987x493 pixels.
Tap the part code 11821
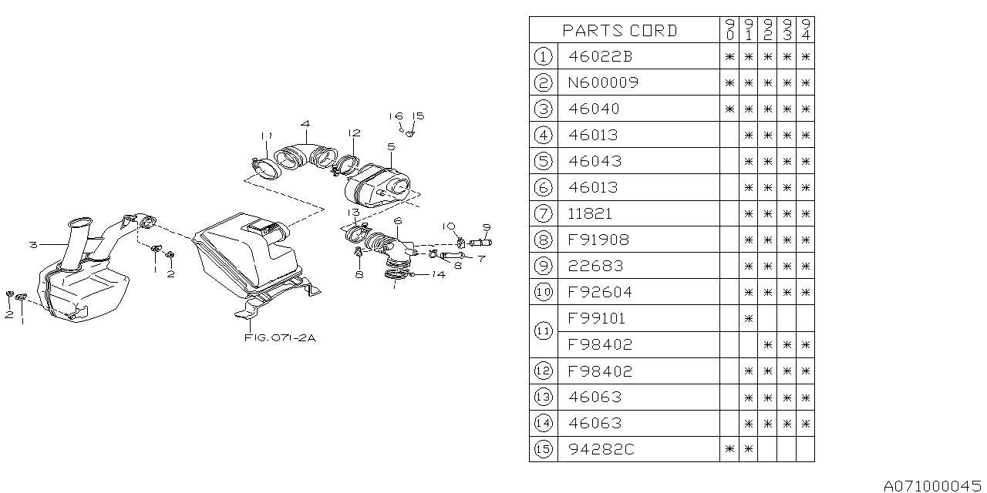click(590, 213)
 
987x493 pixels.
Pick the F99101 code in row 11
click(596, 318)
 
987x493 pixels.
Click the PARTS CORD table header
click(619, 30)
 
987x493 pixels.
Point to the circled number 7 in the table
click(543, 213)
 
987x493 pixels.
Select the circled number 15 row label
click(543, 449)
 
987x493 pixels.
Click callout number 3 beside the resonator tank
click(34, 245)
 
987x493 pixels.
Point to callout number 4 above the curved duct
click(306, 124)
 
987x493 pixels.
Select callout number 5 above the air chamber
click(391, 146)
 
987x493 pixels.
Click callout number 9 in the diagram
click(487, 227)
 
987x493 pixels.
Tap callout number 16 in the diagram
click(396, 116)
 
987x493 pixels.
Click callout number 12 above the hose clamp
click(354, 133)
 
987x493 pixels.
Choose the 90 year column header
click(729, 30)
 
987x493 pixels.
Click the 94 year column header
click(805, 30)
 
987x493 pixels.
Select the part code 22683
click(595, 266)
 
